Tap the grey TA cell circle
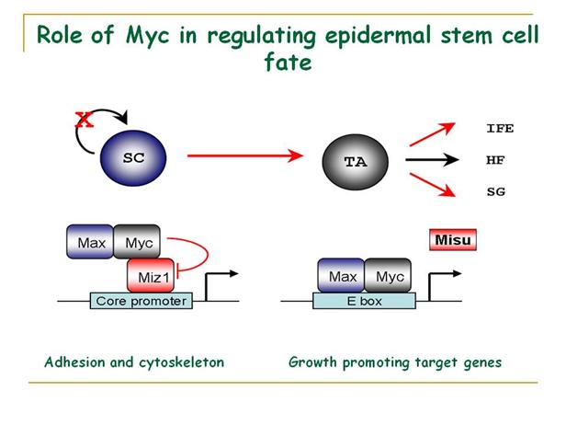pos(354,161)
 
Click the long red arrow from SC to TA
pos(243,157)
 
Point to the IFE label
pos(499,129)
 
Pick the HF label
pos(495,160)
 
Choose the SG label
pos(495,191)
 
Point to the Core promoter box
pos(141,301)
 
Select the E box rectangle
pos(364,301)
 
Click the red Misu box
pos(454,242)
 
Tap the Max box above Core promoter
pos(90,243)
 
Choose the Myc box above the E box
pos(389,276)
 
